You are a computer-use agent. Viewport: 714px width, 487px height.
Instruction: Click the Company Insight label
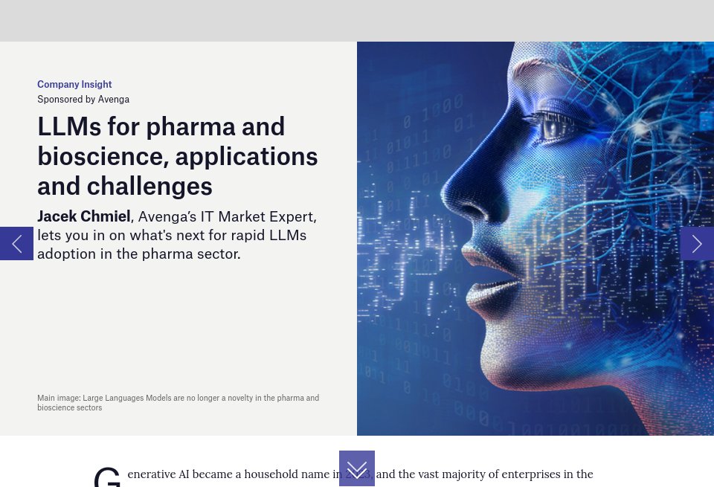(74, 85)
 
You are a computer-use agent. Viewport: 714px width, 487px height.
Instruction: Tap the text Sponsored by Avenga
(83, 99)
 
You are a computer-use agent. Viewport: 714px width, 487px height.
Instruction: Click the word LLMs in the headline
(69, 127)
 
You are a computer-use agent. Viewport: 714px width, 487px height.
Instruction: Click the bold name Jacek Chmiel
(84, 216)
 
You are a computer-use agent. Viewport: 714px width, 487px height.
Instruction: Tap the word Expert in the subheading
(293, 216)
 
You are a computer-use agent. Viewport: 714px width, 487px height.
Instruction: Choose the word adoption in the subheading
(65, 254)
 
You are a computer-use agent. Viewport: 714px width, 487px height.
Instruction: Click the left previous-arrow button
(16, 244)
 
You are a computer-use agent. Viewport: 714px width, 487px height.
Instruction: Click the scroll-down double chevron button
(357, 469)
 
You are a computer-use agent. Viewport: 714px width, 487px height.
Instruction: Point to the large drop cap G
(107, 477)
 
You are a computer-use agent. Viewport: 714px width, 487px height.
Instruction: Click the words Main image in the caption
(59, 398)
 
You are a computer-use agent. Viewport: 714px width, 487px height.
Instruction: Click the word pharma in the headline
(190, 127)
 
